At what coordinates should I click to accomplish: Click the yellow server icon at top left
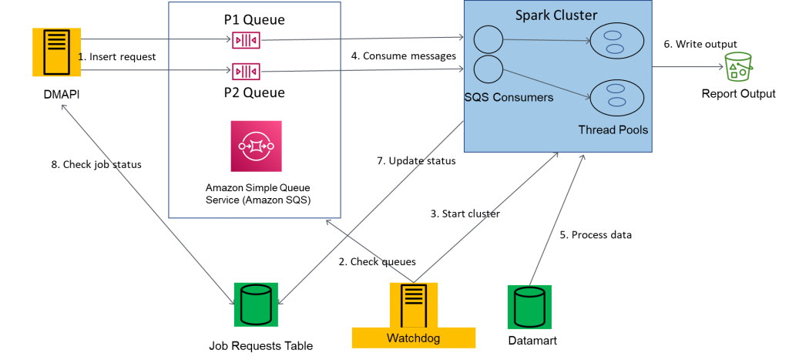coord(56,52)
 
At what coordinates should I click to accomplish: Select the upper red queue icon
coord(246,39)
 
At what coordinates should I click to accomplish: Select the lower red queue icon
coord(246,72)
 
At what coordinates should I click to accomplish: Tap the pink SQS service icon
coord(256,146)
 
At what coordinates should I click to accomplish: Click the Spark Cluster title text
coord(556,15)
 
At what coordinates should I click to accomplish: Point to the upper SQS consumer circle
coord(488,39)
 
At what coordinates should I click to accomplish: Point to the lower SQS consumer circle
coord(488,69)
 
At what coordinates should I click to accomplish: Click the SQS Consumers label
coord(509,98)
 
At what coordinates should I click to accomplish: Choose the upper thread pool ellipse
coord(616,41)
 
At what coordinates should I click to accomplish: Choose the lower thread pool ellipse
coord(616,97)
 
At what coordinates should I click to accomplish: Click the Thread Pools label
coord(613,130)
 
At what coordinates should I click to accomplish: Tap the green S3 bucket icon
coord(738,68)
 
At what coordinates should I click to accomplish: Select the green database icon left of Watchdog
coord(256,304)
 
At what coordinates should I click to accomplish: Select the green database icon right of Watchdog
coord(529,306)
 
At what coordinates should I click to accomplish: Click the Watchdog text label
coord(413,338)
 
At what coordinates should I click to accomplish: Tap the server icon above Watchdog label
coord(414,304)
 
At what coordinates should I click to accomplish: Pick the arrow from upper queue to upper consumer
coord(362,38)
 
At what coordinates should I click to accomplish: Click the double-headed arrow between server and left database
coord(146,199)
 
